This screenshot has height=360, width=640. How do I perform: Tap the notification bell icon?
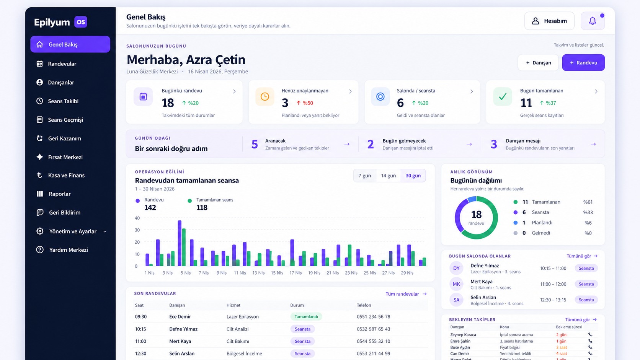tap(593, 21)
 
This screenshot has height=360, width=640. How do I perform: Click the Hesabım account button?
tap(549, 21)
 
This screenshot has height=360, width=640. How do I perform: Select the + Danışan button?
tap(538, 62)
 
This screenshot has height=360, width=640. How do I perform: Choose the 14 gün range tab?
tap(388, 176)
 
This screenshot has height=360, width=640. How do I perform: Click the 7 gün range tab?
tap(364, 176)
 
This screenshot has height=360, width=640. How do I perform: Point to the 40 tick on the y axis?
tap(137, 218)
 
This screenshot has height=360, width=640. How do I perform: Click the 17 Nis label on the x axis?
tap(296, 273)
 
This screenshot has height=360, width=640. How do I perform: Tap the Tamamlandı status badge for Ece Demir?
tap(306, 317)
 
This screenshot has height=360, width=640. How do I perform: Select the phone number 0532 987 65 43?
tap(373, 329)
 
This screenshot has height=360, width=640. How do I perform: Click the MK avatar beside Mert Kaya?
tap(456, 284)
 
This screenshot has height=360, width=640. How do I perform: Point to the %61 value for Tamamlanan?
tap(588, 202)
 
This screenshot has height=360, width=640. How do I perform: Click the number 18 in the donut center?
tap(476, 214)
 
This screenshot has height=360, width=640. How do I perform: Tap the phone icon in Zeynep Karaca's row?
tap(590, 335)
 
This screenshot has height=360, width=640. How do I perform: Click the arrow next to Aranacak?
tap(347, 144)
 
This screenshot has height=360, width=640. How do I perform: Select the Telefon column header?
tap(364, 305)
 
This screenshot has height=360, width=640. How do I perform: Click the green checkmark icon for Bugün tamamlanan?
tap(503, 96)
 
